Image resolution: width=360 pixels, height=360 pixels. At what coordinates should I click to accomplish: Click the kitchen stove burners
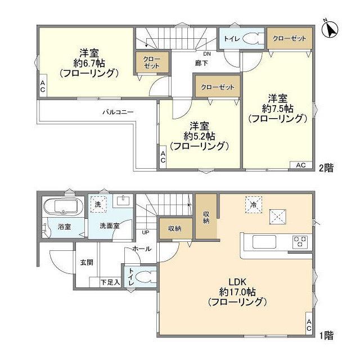(300, 242)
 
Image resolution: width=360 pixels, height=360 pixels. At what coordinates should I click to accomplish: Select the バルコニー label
(118, 112)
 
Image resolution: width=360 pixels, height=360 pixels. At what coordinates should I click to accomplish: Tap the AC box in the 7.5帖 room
(300, 165)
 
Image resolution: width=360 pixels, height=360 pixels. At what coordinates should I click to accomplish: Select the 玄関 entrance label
(86, 262)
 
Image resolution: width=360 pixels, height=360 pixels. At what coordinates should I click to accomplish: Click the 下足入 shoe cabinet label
(110, 282)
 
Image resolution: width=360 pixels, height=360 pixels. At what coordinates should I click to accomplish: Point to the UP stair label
(145, 232)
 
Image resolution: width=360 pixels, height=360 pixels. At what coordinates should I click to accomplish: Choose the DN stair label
(207, 54)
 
